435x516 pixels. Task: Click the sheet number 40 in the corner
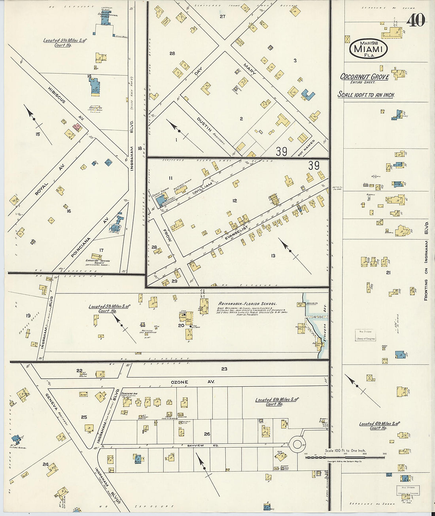coord(415,20)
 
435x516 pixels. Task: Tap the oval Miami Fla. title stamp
coord(368,49)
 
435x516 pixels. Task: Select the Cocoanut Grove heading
coord(365,77)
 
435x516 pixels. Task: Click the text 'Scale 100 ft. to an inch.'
coord(366,95)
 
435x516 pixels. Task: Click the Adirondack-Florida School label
coord(247,303)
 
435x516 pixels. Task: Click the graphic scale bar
coord(345,457)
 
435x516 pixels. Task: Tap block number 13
coord(273,256)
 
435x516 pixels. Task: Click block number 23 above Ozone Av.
coord(224,369)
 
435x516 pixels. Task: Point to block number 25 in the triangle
coord(84,417)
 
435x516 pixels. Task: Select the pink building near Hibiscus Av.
coord(77,127)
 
